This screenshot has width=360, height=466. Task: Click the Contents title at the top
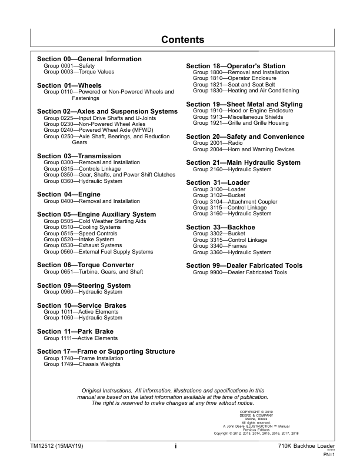coord(182,40)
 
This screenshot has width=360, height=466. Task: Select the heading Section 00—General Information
coord(89,59)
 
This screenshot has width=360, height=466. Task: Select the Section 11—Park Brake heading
coord(75,332)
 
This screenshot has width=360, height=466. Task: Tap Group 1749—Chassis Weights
coord(82,365)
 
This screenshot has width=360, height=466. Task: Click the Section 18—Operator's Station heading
coord(235,66)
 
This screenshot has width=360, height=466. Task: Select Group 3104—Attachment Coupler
coord(237,201)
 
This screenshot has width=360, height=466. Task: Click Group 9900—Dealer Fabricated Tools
coord(240,272)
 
